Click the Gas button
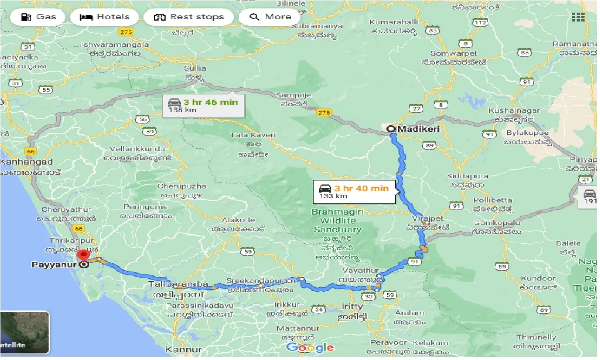tap(39, 17)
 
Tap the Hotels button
tap(104, 17)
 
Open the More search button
tap(271, 17)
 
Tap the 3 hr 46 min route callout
tap(204, 106)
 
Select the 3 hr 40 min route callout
tap(354, 192)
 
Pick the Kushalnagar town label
tap(514, 111)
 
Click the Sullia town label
tap(195, 68)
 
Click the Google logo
tap(310, 347)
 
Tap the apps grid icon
tap(578, 17)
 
